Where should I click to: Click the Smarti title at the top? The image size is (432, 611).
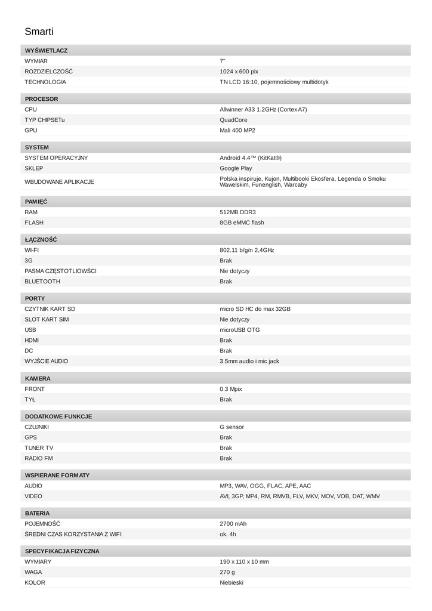39,32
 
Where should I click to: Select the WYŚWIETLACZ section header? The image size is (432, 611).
46,51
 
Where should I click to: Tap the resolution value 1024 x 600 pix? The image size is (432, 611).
239,72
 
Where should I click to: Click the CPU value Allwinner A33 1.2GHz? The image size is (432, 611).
263,110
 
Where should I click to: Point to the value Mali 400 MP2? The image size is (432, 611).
237,130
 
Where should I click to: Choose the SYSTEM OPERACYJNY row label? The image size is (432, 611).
56,158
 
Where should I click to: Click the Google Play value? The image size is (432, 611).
236,168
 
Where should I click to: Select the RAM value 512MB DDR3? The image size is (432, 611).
237,212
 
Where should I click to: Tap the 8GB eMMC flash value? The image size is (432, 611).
242,223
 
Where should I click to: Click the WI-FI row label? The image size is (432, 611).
32,251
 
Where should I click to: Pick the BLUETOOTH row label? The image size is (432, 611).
42,282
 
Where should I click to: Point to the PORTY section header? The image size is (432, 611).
35,298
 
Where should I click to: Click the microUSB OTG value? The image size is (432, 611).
239,330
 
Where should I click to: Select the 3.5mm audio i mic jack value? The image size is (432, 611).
249,361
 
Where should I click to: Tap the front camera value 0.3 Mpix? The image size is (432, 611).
230,389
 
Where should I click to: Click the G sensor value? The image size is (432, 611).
232,427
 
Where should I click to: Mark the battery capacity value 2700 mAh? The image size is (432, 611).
233,524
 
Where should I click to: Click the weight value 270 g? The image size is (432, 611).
227,572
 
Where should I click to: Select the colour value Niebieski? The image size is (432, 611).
231,582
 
